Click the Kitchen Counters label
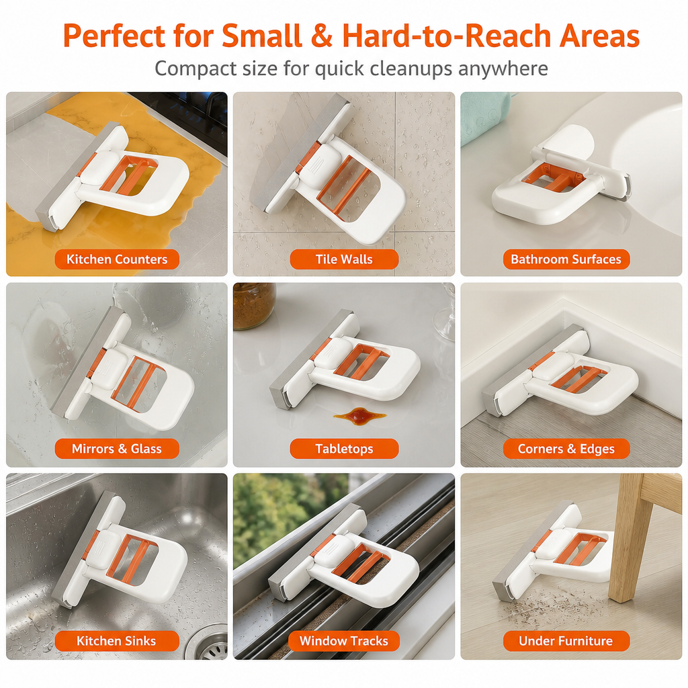coord(117,259)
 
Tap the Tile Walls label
coord(344,259)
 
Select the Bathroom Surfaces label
coord(566,259)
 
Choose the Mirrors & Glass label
coord(117,449)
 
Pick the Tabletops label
coord(344,449)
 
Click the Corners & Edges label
coord(566,449)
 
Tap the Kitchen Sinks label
coord(117,641)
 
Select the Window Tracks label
coord(344,641)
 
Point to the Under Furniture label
coord(566,641)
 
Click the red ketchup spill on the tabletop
coord(359,414)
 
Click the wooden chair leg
coord(628,540)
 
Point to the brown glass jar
coord(253,306)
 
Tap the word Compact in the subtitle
coord(189,69)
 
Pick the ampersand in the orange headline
coord(322,36)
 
